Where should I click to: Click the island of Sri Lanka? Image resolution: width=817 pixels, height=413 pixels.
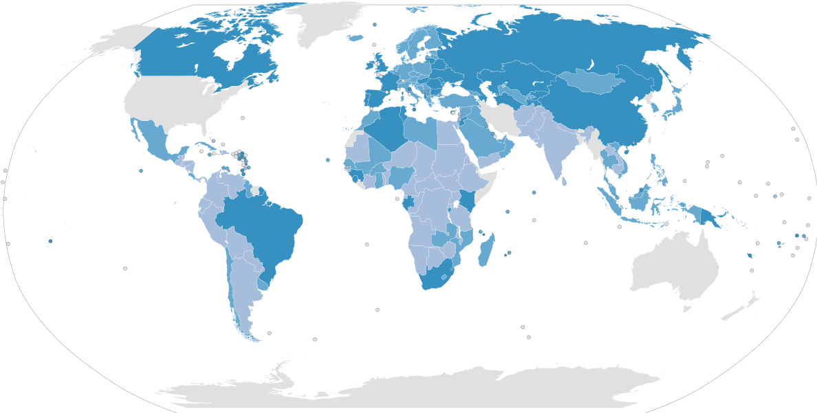[x=565, y=181]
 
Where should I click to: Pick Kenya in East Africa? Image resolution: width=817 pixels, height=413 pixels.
[x=469, y=201]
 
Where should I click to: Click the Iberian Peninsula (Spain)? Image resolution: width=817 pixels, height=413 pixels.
[x=375, y=97]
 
